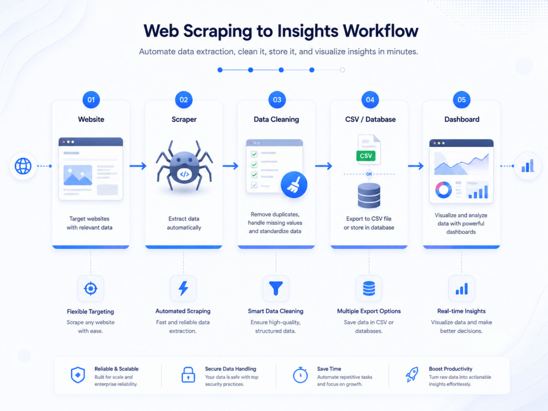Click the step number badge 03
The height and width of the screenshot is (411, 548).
tap(277, 100)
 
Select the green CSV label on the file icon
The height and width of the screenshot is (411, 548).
tap(366, 156)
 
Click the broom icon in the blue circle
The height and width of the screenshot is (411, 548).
tap(294, 185)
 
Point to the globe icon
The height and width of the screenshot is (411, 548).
tap(23, 166)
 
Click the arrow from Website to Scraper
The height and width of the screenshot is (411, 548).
tap(138, 165)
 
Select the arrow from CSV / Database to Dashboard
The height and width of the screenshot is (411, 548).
tap(415, 165)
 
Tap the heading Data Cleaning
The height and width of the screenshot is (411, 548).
tap(276, 119)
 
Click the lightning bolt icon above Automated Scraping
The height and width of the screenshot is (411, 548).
tap(183, 288)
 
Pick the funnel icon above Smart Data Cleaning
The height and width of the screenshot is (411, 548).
tap(276, 288)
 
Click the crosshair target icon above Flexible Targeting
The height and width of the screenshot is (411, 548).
tap(90, 288)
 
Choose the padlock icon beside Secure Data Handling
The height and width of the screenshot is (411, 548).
tap(188, 375)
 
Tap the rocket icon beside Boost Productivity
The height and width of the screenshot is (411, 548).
tap(412, 375)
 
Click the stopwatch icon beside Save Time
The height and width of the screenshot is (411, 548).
tap(300, 375)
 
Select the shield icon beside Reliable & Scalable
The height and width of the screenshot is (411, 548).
tap(78, 375)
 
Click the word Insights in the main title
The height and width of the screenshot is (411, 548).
tap(307, 31)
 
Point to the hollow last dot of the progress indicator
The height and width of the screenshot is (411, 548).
tap(342, 70)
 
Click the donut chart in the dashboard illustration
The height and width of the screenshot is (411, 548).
tap(443, 190)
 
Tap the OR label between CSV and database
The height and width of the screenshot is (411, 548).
tap(369, 174)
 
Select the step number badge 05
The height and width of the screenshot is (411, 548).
tap(461, 100)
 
